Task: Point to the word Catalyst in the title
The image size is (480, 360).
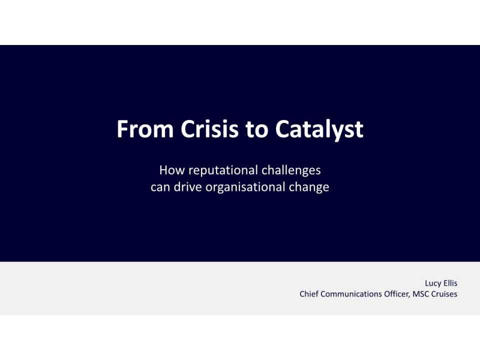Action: click(x=319, y=129)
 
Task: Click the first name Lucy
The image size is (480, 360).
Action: click(x=433, y=283)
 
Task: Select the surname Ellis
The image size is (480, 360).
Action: click(x=450, y=283)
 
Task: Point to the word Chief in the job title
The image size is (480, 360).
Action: click(x=308, y=294)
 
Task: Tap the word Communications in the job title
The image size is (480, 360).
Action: click(x=352, y=294)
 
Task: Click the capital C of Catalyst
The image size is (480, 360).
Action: click(x=283, y=129)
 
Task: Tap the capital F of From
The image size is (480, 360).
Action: click(x=122, y=129)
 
